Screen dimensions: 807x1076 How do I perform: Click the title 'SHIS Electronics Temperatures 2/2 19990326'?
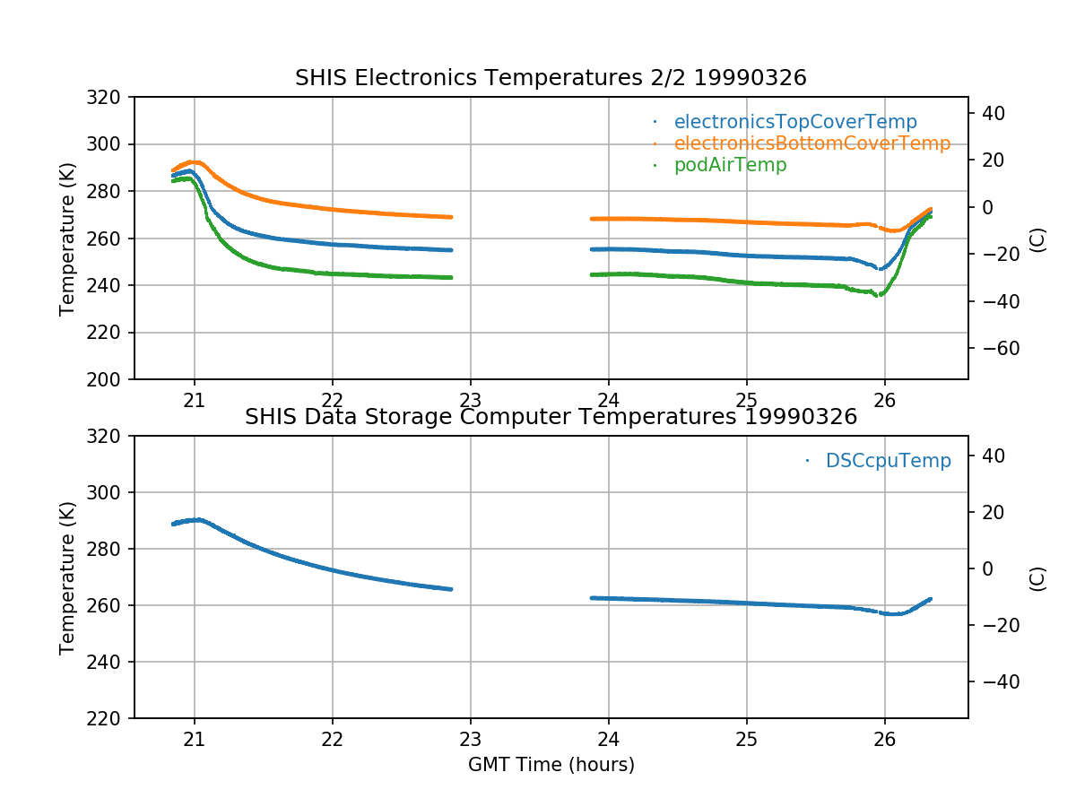551,78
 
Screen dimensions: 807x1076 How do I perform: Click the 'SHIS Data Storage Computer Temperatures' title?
551,417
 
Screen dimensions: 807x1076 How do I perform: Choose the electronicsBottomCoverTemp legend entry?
811,143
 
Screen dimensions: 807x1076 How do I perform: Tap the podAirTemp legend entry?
730,165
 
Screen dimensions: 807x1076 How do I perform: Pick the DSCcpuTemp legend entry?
888,461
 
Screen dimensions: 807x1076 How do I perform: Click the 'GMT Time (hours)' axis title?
551,765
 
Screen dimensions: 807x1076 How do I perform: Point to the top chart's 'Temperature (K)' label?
67,238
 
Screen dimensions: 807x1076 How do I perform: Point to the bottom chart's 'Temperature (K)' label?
67,577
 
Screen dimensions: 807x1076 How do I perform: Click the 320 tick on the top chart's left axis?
110,97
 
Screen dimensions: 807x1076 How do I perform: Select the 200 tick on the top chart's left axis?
110,379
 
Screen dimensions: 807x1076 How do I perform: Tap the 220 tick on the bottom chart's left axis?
110,718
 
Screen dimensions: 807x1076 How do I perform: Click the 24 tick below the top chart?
609,401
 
